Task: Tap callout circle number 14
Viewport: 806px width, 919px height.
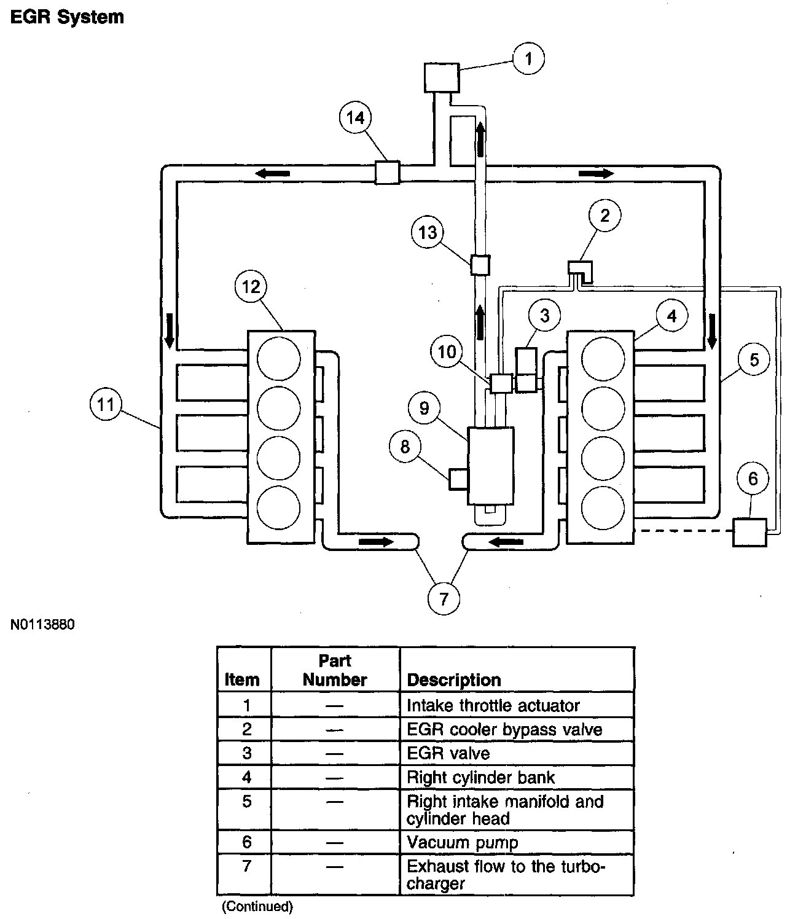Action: (356, 117)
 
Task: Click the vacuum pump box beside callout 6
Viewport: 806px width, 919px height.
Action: (749, 532)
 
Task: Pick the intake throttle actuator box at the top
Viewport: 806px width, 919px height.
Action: (442, 78)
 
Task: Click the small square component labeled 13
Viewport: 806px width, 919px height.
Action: (480, 265)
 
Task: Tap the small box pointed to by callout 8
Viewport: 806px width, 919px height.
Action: (459, 479)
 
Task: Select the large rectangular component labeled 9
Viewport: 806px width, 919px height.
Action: (491, 466)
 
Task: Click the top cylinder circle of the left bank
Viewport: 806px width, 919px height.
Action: (279, 358)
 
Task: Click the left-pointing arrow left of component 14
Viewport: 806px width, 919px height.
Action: (273, 174)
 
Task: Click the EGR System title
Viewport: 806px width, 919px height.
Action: (67, 17)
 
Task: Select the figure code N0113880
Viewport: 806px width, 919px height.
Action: (42, 625)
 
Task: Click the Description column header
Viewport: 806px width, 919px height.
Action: (454, 680)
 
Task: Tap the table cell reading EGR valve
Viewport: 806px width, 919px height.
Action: (448, 753)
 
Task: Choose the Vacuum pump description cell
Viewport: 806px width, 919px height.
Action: (463, 842)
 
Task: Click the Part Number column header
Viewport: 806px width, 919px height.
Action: (335, 670)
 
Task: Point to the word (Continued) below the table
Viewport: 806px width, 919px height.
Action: (257, 905)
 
